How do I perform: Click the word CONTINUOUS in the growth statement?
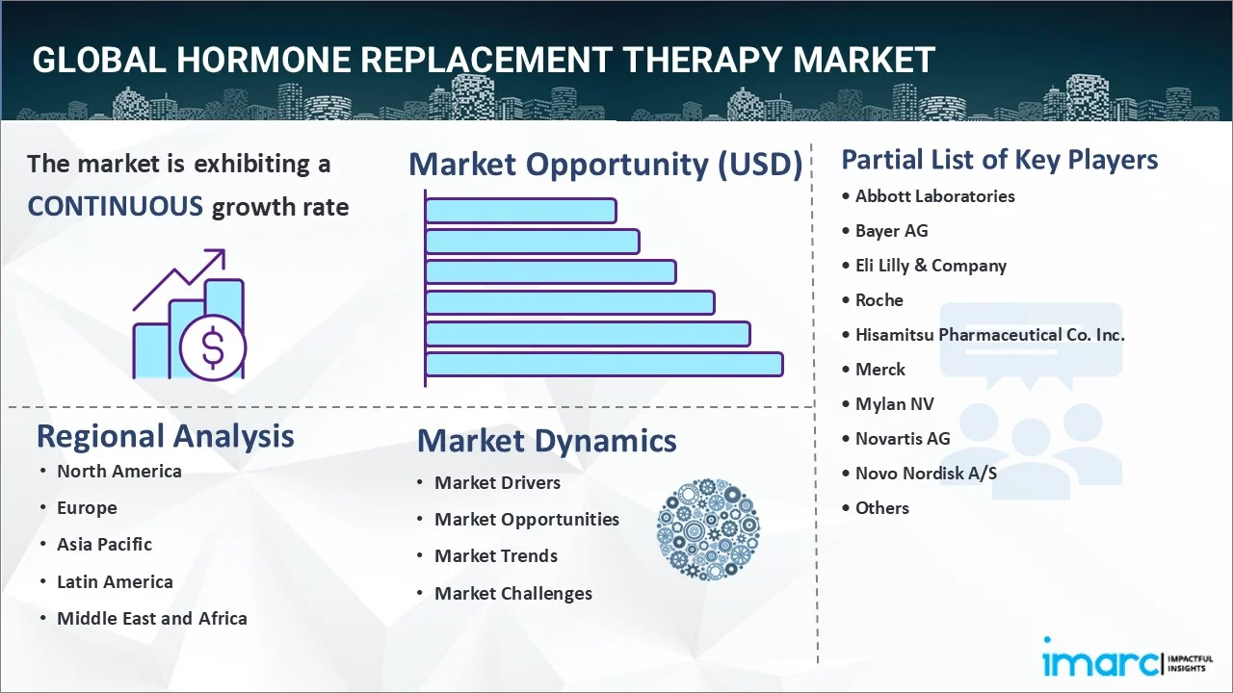[x=115, y=206]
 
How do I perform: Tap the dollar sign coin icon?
[x=213, y=348]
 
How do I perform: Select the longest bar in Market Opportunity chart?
[x=603, y=364]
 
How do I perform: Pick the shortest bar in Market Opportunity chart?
[x=520, y=210]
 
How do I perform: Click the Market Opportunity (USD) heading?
[x=605, y=165]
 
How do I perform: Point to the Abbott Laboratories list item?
[x=934, y=196]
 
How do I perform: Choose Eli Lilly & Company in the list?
[x=931, y=266]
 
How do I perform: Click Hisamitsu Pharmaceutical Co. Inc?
[x=989, y=335]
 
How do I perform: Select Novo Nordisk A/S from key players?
[x=926, y=474]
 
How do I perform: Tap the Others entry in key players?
[x=881, y=508]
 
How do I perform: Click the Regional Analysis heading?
[x=165, y=436]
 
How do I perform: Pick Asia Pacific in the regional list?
[x=104, y=545]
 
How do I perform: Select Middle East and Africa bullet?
[x=151, y=619]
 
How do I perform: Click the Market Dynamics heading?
[x=546, y=441]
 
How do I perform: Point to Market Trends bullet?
[x=495, y=556]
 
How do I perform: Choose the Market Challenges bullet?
[x=512, y=594]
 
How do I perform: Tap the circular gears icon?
[x=708, y=529]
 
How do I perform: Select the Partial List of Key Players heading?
[x=999, y=160]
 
